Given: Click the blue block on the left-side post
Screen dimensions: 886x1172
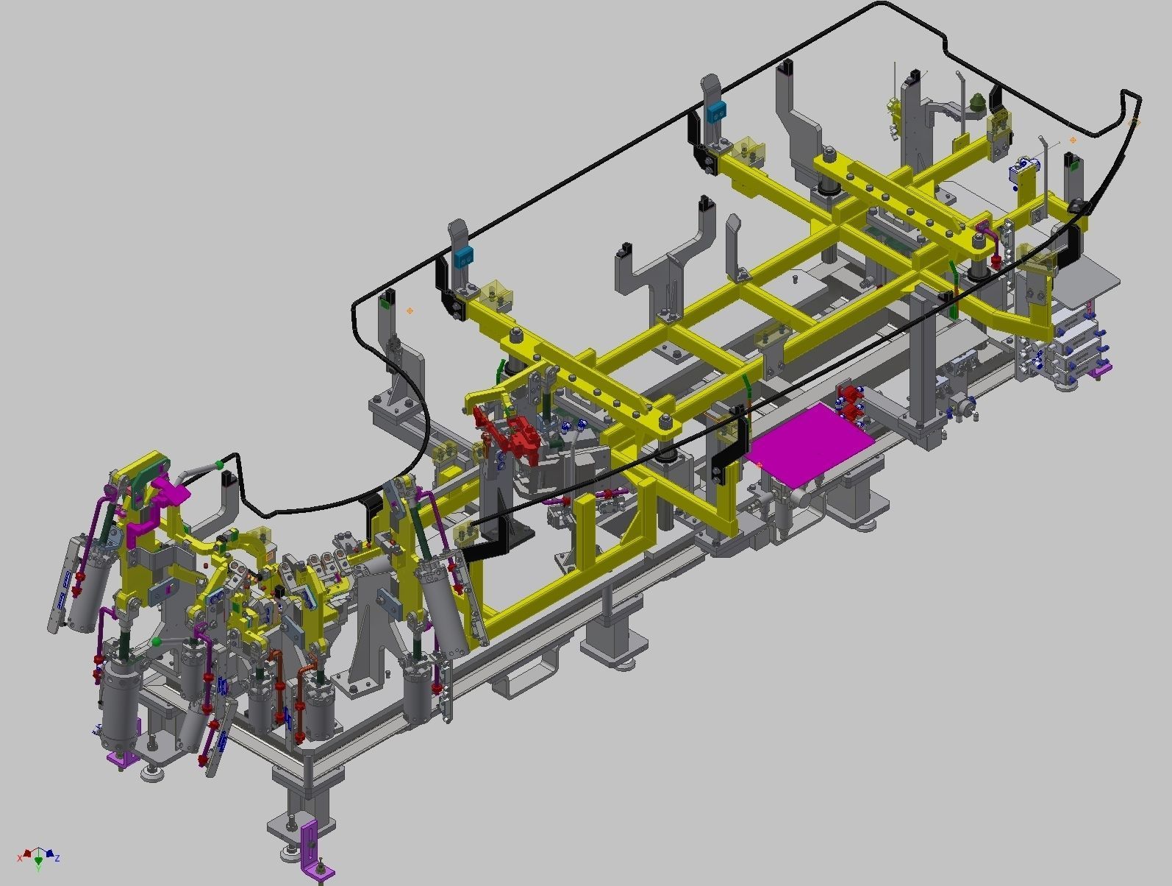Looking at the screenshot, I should pyautogui.click(x=463, y=257).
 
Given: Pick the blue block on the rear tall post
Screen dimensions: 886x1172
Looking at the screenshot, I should pyautogui.click(x=715, y=113).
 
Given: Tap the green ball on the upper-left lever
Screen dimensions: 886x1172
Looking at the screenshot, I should pyautogui.click(x=218, y=464).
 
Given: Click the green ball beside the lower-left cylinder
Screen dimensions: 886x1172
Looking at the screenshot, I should pyautogui.click(x=156, y=642).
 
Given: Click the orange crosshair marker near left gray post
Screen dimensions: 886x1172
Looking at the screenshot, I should pyautogui.click(x=410, y=311).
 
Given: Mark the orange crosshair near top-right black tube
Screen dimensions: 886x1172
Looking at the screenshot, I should pyautogui.click(x=1073, y=139).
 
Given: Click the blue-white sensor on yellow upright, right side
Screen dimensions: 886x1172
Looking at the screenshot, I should pyautogui.click(x=1021, y=169).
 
